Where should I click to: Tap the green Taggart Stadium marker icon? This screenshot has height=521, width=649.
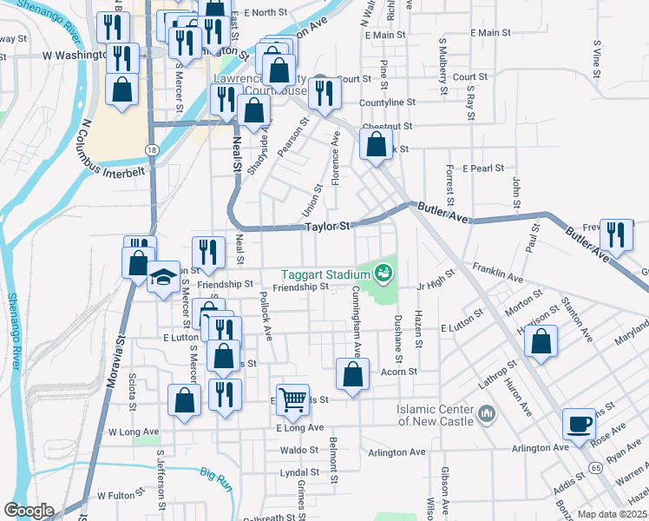click(x=383, y=274)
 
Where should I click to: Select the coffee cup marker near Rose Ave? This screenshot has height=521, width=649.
click(x=579, y=424)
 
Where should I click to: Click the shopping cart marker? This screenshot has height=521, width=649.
click(x=292, y=399)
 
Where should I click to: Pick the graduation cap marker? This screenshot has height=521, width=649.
click(x=162, y=278)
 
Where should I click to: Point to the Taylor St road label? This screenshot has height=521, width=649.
click(x=325, y=227)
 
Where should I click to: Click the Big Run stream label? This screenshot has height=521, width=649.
click(x=216, y=474)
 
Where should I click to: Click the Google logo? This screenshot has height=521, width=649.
click(x=29, y=511)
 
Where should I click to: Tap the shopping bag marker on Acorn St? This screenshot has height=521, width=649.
click(x=352, y=375)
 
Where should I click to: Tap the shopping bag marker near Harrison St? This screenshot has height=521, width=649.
click(x=541, y=341)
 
